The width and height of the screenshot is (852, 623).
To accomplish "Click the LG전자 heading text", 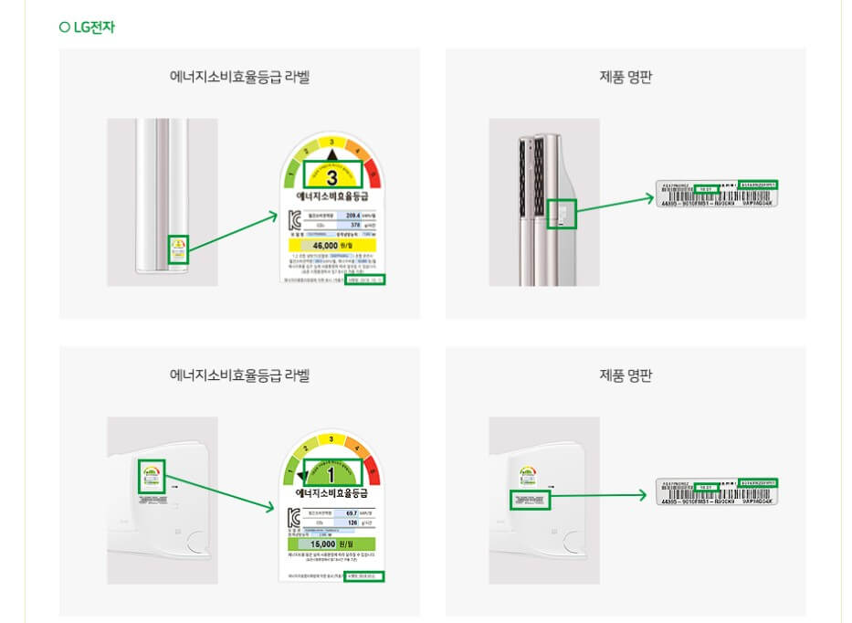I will click(94, 27).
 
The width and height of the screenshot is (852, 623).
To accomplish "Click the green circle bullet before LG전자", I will click(64, 27).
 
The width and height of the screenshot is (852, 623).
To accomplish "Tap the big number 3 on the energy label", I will click(332, 177).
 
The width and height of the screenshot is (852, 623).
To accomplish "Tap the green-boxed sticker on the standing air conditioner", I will click(178, 249).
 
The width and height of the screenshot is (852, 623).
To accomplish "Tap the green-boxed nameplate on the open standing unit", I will click(565, 214).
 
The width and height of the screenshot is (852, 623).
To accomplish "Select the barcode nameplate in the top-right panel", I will click(717, 195).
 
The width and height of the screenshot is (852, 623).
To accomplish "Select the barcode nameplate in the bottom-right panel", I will click(717, 492).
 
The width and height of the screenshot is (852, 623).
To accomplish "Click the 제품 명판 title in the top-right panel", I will click(626, 77).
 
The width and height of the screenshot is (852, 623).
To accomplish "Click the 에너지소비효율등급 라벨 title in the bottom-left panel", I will click(240, 375).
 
